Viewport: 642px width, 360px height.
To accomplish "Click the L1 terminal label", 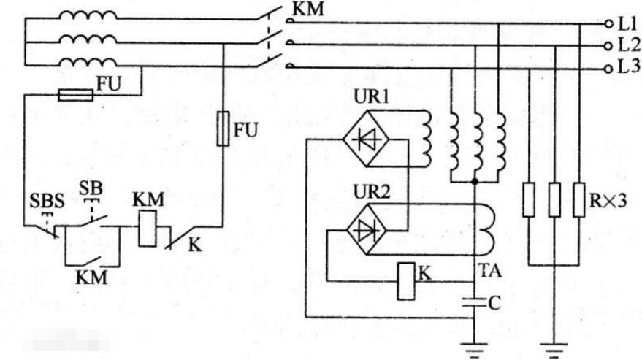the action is (x=627, y=24).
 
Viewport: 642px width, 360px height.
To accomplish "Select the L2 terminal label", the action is (x=628, y=45).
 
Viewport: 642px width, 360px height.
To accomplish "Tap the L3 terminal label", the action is (x=628, y=67).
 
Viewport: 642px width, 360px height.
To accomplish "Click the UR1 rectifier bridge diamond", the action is (x=366, y=139).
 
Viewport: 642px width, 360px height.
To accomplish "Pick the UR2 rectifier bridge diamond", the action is (x=367, y=230).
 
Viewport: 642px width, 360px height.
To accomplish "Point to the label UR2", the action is (x=372, y=193).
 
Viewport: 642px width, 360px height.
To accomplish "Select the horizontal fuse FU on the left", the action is (x=76, y=96).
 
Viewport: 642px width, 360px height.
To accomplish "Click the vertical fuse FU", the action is (x=223, y=129).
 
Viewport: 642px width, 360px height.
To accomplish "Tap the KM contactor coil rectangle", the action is (x=147, y=229).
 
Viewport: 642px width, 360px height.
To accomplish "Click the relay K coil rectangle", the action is (x=406, y=281).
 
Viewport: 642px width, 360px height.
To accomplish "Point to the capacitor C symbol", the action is (x=474, y=304).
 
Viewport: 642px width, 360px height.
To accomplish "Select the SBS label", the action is (x=47, y=202).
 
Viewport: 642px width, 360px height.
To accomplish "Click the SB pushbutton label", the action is (x=91, y=188).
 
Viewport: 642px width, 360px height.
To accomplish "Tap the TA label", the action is (x=489, y=271).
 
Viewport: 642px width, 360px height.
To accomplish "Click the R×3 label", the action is (x=607, y=201).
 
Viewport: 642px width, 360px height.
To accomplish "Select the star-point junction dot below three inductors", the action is (x=475, y=181).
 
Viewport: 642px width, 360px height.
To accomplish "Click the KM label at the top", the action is (x=309, y=9).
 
